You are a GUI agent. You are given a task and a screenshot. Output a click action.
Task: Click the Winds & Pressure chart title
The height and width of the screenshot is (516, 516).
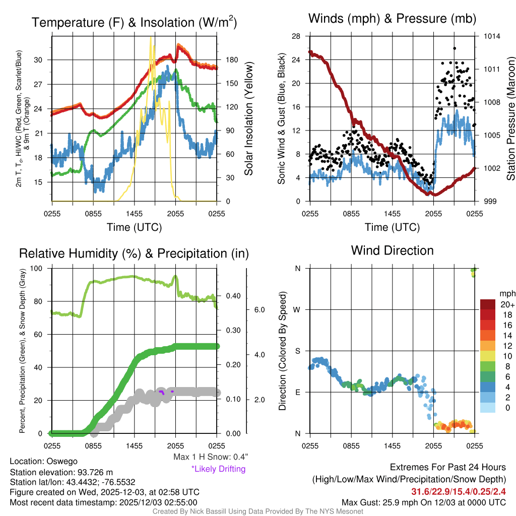(x=392, y=19)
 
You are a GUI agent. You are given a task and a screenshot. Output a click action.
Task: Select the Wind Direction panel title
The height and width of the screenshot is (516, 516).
(x=392, y=250)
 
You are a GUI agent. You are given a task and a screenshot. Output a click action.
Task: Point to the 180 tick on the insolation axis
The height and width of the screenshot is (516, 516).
(x=228, y=60)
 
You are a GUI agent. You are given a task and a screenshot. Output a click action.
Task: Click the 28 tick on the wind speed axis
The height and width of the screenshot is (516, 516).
(x=296, y=36)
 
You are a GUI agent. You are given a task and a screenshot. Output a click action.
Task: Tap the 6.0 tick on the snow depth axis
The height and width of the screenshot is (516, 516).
(x=258, y=309)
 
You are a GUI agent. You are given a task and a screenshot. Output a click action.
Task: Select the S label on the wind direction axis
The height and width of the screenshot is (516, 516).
(x=298, y=351)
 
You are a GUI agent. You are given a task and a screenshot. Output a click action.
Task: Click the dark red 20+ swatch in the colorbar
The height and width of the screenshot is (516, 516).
(x=489, y=305)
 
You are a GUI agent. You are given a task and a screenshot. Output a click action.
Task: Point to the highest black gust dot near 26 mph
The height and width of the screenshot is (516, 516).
(x=455, y=48)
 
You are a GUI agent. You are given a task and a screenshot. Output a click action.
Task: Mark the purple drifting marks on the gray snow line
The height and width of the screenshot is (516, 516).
(x=162, y=392)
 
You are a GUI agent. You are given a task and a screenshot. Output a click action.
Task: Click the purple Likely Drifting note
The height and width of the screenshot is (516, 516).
(x=218, y=469)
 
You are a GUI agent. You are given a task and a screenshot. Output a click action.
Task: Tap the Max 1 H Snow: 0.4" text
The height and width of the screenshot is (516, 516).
(x=210, y=457)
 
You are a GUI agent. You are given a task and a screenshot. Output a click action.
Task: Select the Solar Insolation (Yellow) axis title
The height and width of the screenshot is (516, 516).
(x=248, y=119)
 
